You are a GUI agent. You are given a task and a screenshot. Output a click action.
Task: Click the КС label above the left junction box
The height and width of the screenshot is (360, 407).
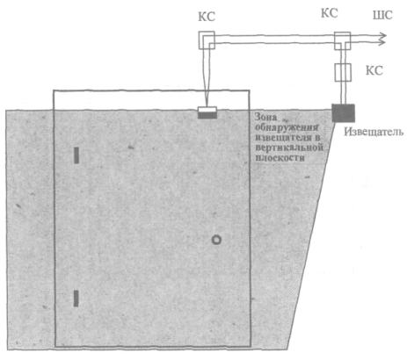pyautogui.click(x=207, y=17)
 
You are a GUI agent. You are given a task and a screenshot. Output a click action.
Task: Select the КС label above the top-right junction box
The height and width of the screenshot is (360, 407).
pyautogui.click(x=330, y=13)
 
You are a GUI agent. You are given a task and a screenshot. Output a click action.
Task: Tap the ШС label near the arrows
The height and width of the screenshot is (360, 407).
pyautogui.click(x=382, y=15)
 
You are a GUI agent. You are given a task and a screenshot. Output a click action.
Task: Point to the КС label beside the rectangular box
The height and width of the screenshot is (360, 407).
pyautogui.click(x=374, y=70)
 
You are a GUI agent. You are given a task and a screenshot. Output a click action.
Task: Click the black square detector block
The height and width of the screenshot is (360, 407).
pyautogui.click(x=343, y=113)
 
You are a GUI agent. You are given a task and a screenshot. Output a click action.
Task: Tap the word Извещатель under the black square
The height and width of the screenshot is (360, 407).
pyautogui.click(x=374, y=132)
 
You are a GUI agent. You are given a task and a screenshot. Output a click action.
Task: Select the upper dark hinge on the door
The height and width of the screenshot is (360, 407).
pyautogui.click(x=76, y=155)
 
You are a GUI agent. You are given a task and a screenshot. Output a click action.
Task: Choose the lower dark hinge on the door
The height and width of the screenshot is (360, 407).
pyautogui.click(x=76, y=299)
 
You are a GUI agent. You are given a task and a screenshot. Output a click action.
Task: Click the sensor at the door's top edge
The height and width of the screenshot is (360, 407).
pyautogui.click(x=207, y=112)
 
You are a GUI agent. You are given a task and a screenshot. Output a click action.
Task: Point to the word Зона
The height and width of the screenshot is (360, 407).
pyautogui.click(x=265, y=117)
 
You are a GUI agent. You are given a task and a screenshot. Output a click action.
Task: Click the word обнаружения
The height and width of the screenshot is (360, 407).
pyautogui.click(x=287, y=127)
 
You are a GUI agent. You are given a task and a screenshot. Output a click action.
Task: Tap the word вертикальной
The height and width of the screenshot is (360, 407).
pyautogui.click(x=289, y=147)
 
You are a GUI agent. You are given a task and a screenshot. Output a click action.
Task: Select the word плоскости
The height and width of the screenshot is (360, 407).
pyautogui.click(x=280, y=157)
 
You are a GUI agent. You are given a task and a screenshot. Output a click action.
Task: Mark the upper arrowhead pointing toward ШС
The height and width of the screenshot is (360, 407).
pyautogui.click(x=382, y=36)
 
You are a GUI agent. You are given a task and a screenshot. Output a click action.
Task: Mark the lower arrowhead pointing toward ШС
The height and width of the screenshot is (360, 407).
pyautogui.click(x=382, y=43)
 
